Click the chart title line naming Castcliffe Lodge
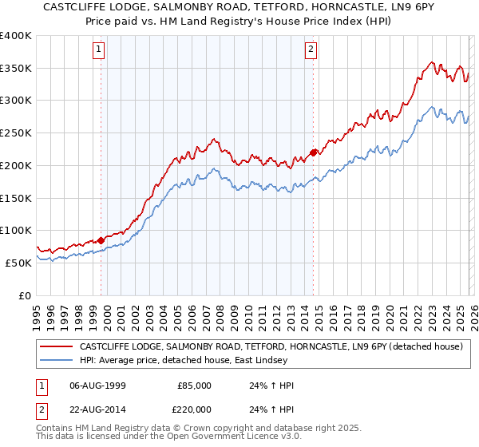239,9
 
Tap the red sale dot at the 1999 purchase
101,239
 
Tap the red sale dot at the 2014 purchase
313,152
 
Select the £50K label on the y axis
18,263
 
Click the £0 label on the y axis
25,295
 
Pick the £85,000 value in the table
194,386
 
